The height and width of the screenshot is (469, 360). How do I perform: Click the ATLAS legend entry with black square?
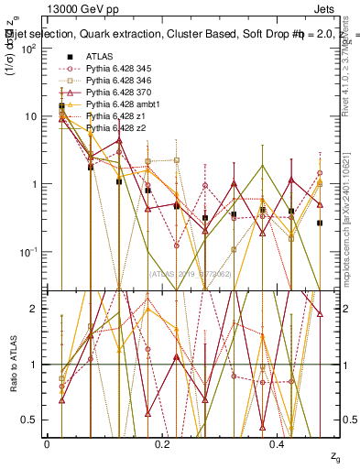pos(99,57)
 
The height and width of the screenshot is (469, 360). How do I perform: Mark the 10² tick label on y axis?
pos(29,49)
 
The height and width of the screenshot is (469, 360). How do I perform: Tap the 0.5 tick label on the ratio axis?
pos(32,420)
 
